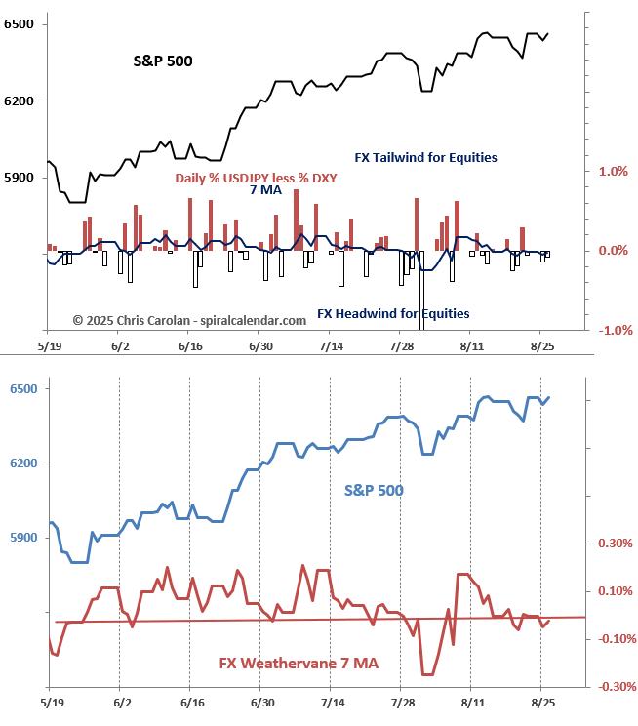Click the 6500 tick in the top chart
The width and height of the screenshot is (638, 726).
pos(20,23)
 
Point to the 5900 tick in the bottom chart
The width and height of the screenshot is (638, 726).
pos(20,538)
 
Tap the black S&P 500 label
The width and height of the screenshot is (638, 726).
pos(163,60)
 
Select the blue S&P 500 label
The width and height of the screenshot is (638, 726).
pos(374,490)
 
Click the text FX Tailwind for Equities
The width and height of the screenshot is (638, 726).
pos(425,157)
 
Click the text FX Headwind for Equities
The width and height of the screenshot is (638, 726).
pos(393,314)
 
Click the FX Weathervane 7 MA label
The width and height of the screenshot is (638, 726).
pos(299,664)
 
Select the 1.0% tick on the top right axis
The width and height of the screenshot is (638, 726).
pos(611,172)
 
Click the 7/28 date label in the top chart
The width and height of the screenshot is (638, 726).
pos(401,346)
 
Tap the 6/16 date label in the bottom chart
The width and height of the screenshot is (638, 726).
pos(191,702)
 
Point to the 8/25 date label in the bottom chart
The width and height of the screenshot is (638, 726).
pos(541,702)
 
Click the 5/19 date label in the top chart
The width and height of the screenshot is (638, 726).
pos(51,346)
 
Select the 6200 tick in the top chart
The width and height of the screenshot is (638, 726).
pos(20,101)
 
